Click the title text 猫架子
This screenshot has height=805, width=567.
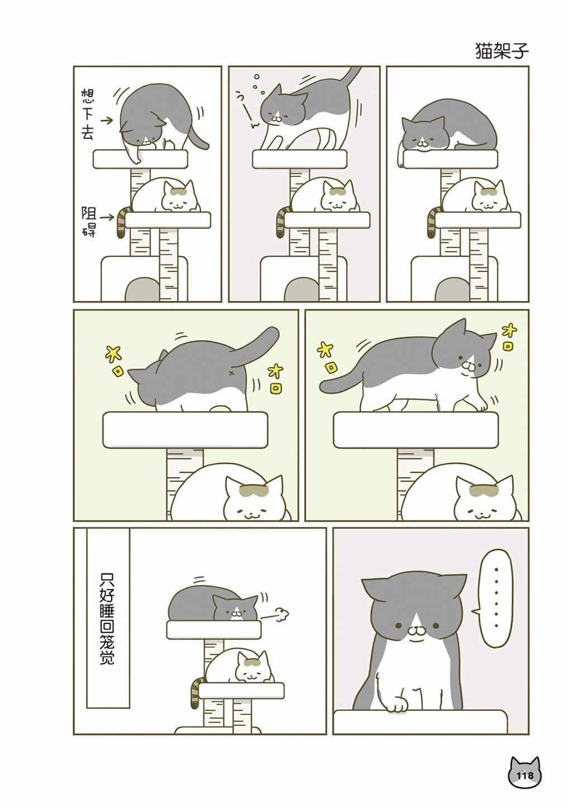coord(502,51)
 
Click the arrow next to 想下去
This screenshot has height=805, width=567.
coord(107,121)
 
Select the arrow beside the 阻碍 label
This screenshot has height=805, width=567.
coord(107,217)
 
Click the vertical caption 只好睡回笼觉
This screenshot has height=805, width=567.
coord(107,618)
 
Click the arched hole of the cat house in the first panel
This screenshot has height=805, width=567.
coord(141,290)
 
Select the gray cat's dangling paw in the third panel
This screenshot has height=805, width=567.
coord(400,158)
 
